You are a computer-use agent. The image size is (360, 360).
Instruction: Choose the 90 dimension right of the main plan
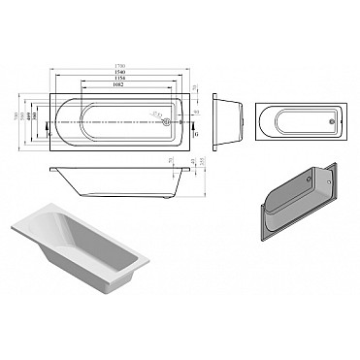click(196, 115)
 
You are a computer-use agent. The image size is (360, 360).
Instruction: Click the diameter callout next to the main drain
click(155, 115)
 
